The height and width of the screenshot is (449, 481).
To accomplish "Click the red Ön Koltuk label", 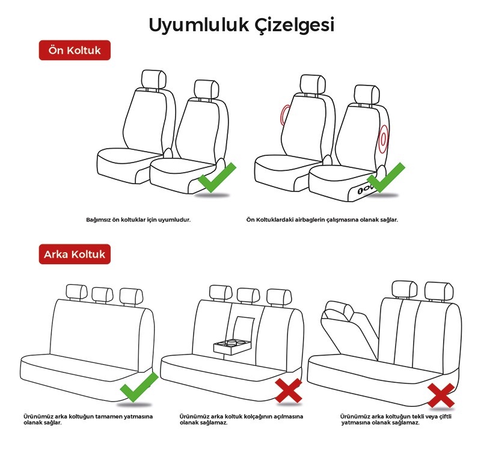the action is (x=75, y=50).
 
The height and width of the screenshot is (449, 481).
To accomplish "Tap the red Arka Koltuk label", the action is (x=75, y=254).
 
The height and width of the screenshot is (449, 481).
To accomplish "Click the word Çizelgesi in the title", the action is (x=295, y=25).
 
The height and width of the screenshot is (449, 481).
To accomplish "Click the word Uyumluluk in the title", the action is (x=199, y=25).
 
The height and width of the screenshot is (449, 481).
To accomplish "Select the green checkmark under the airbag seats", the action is (x=387, y=178).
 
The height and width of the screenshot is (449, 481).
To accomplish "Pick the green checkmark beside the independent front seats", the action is (x=217, y=178).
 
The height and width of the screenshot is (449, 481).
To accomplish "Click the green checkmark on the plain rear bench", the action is (x=139, y=387).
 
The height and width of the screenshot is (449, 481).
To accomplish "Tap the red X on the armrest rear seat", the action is (x=289, y=391).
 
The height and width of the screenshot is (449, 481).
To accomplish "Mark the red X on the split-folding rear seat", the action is (x=441, y=395).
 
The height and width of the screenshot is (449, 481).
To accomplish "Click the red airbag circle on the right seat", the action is (x=383, y=139).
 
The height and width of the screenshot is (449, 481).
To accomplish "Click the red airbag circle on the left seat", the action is (x=285, y=115).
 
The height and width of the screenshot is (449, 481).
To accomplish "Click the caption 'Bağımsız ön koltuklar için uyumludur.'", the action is (x=138, y=220).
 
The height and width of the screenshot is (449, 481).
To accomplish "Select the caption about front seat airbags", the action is (x=322, y=220).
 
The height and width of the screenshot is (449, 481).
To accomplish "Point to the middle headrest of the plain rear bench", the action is (x=102, y=295).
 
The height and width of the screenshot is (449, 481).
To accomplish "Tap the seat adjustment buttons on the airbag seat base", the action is (x=365, y=190).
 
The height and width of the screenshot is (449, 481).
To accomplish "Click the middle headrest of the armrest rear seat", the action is (x=248, y=296).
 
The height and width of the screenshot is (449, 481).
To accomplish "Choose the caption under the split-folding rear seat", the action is (x=396, y=420).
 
